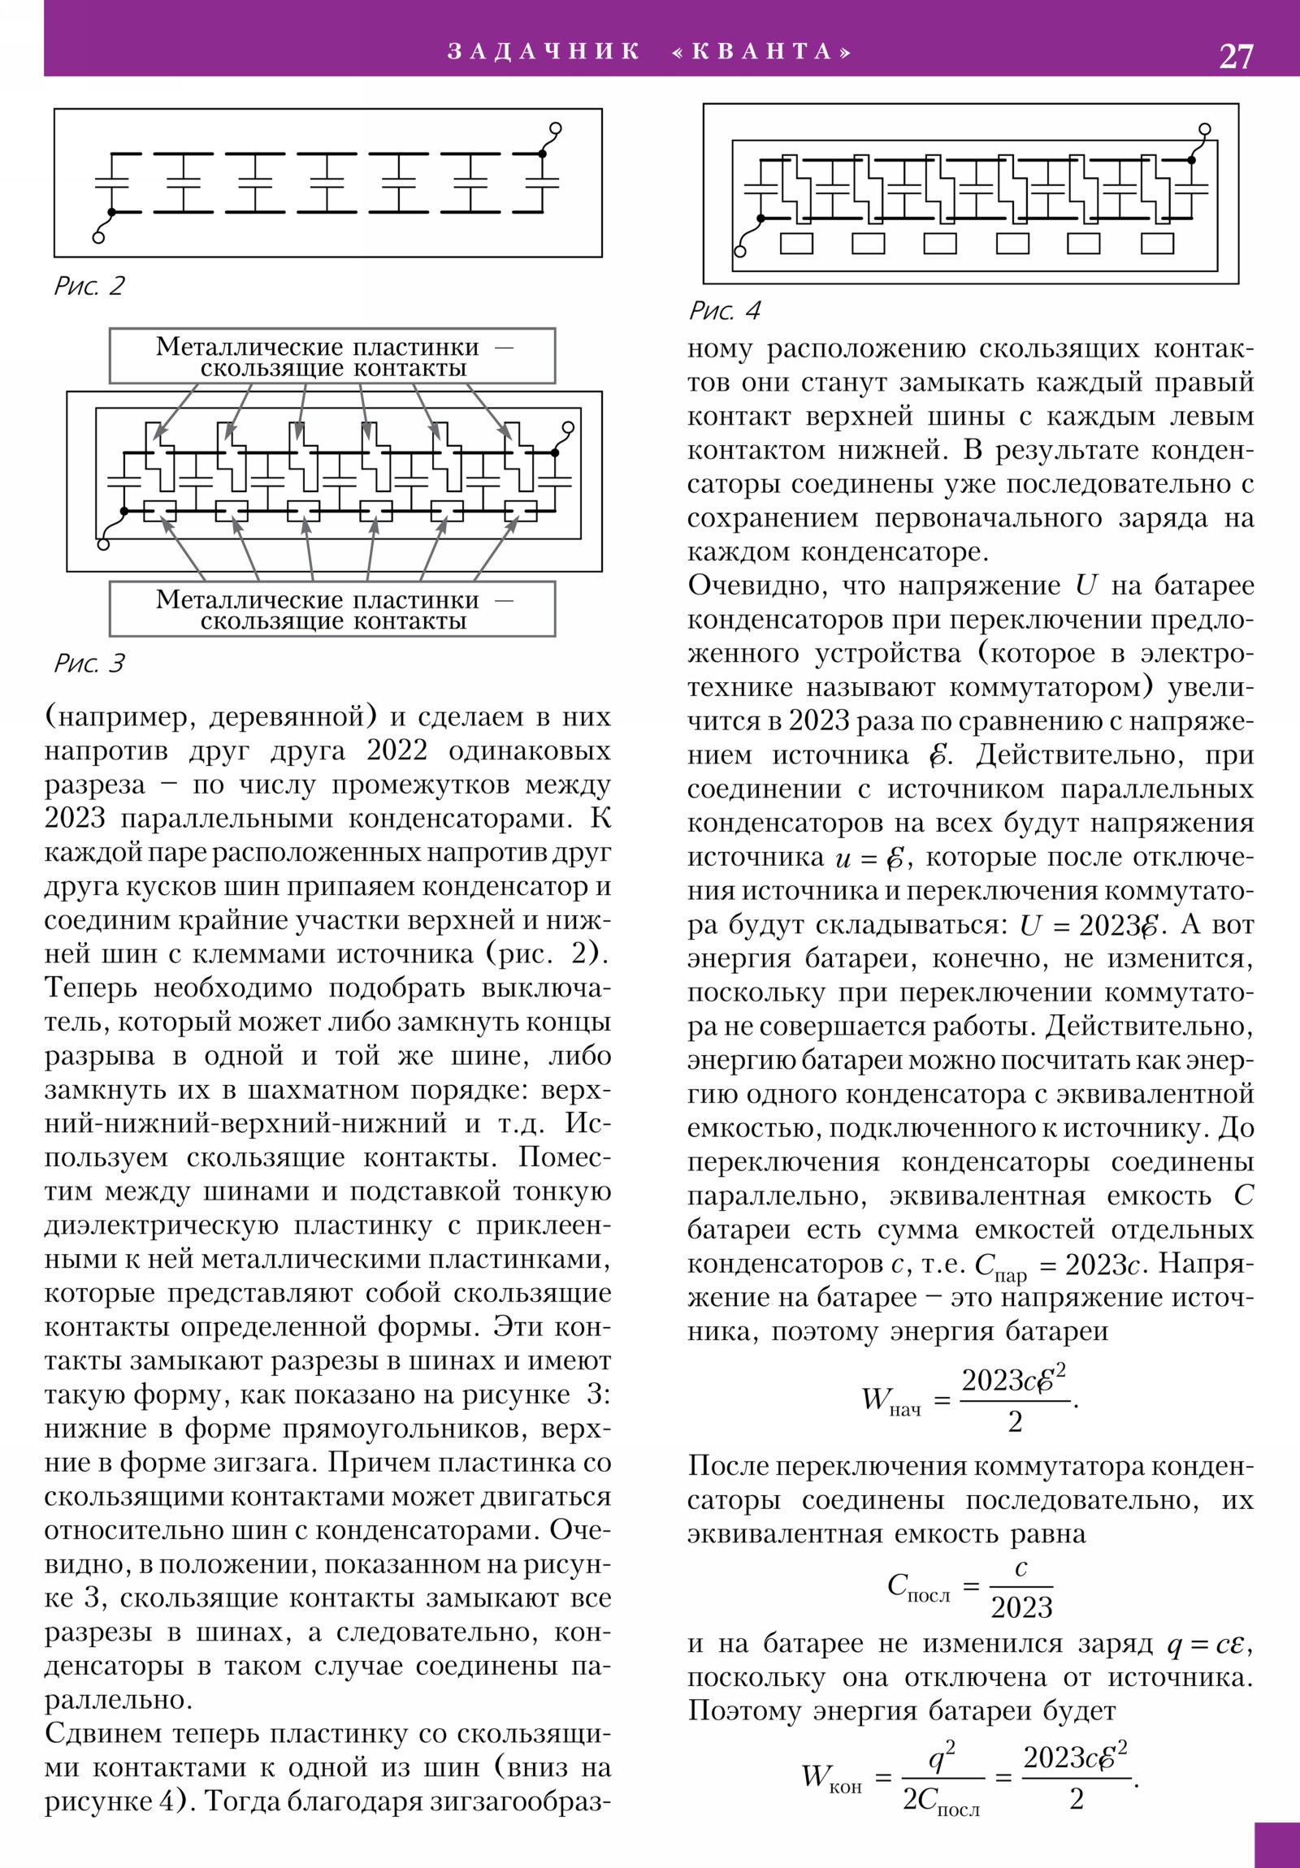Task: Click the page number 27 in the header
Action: pyautogui.click(x=1236, y=56)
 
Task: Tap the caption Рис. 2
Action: pyautogui.click(x=89, y=286)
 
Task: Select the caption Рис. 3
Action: pyautogui.click(x=89, y=663)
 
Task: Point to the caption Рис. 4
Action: pyautogui.click(x=724, y=311)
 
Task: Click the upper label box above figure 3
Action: pyautogui.click(x=332, y=357)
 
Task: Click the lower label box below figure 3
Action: pyautogui.click(x=332, y=609)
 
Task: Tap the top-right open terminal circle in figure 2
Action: pyautogui.click(x=556, y=128)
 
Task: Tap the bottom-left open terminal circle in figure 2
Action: pyautogui.click(x=98, y=238)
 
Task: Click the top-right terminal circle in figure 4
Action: pyautogui.click(x=1205, y=129)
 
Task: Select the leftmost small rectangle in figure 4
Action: pyautogui.click(x=796, y=244)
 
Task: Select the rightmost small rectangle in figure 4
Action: pyautogui.click(x=1157, y=244)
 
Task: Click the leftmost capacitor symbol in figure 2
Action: pyautogui.click(x=112, y=183)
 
